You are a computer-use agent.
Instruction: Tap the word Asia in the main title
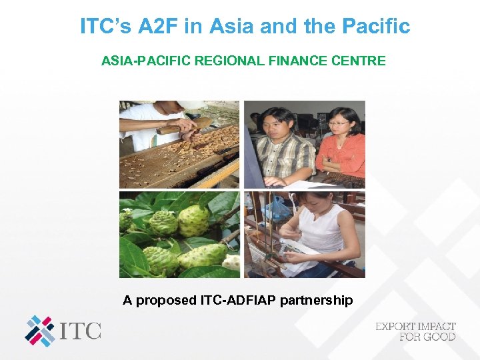click(x=232, y=27)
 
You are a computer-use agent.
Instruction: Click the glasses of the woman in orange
click(x=339, y=123)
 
